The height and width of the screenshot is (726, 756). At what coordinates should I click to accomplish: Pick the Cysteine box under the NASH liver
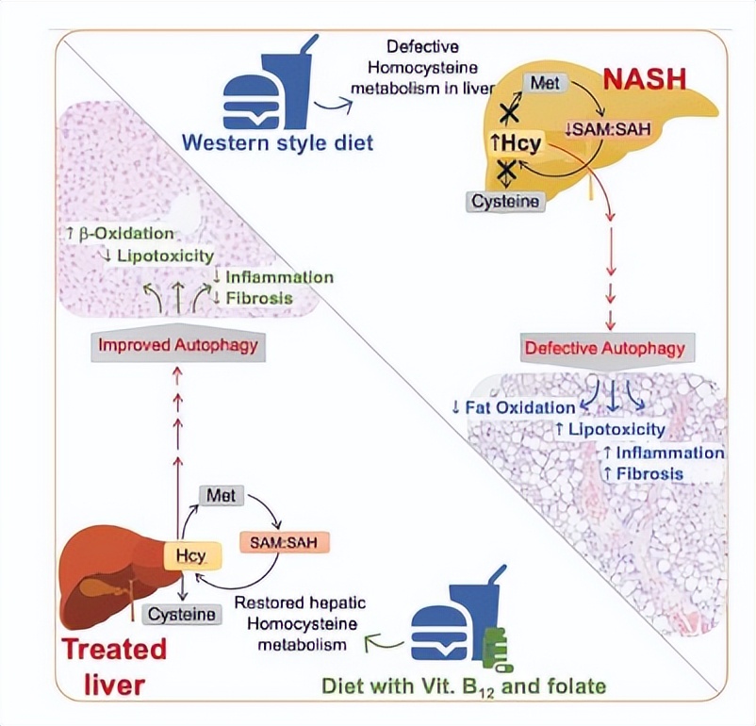coord(506,201)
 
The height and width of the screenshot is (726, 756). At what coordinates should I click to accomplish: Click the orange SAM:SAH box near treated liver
coord(277,543)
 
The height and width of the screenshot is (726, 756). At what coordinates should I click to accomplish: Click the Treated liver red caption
coord(114,665)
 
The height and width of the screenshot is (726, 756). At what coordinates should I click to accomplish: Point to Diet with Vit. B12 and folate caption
coord(464,685)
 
